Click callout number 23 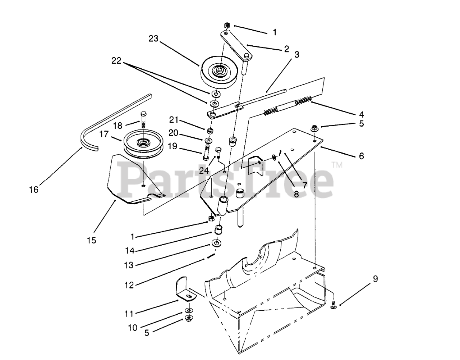pos(153,39)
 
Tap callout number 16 pos(34,190)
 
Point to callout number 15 pos(92,240)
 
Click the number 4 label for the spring pos(361,115)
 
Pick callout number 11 pos(129,314)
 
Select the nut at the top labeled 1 pos(227,25)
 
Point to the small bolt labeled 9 pos(333,306)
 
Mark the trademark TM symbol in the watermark pos(337,165)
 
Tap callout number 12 pos(129,285)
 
